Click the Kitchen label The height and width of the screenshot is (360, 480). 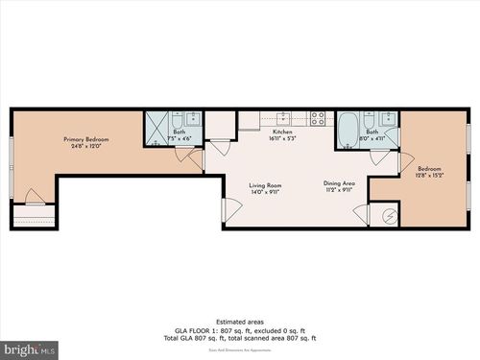click(x=282, y=132)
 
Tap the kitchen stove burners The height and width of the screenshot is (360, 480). click(x=318, y=118)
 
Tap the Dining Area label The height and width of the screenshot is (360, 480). click(x=340, y=182)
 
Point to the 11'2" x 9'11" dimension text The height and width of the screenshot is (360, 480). click(x=340, y=190)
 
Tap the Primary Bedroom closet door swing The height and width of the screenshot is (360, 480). click(x=35, y=198)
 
